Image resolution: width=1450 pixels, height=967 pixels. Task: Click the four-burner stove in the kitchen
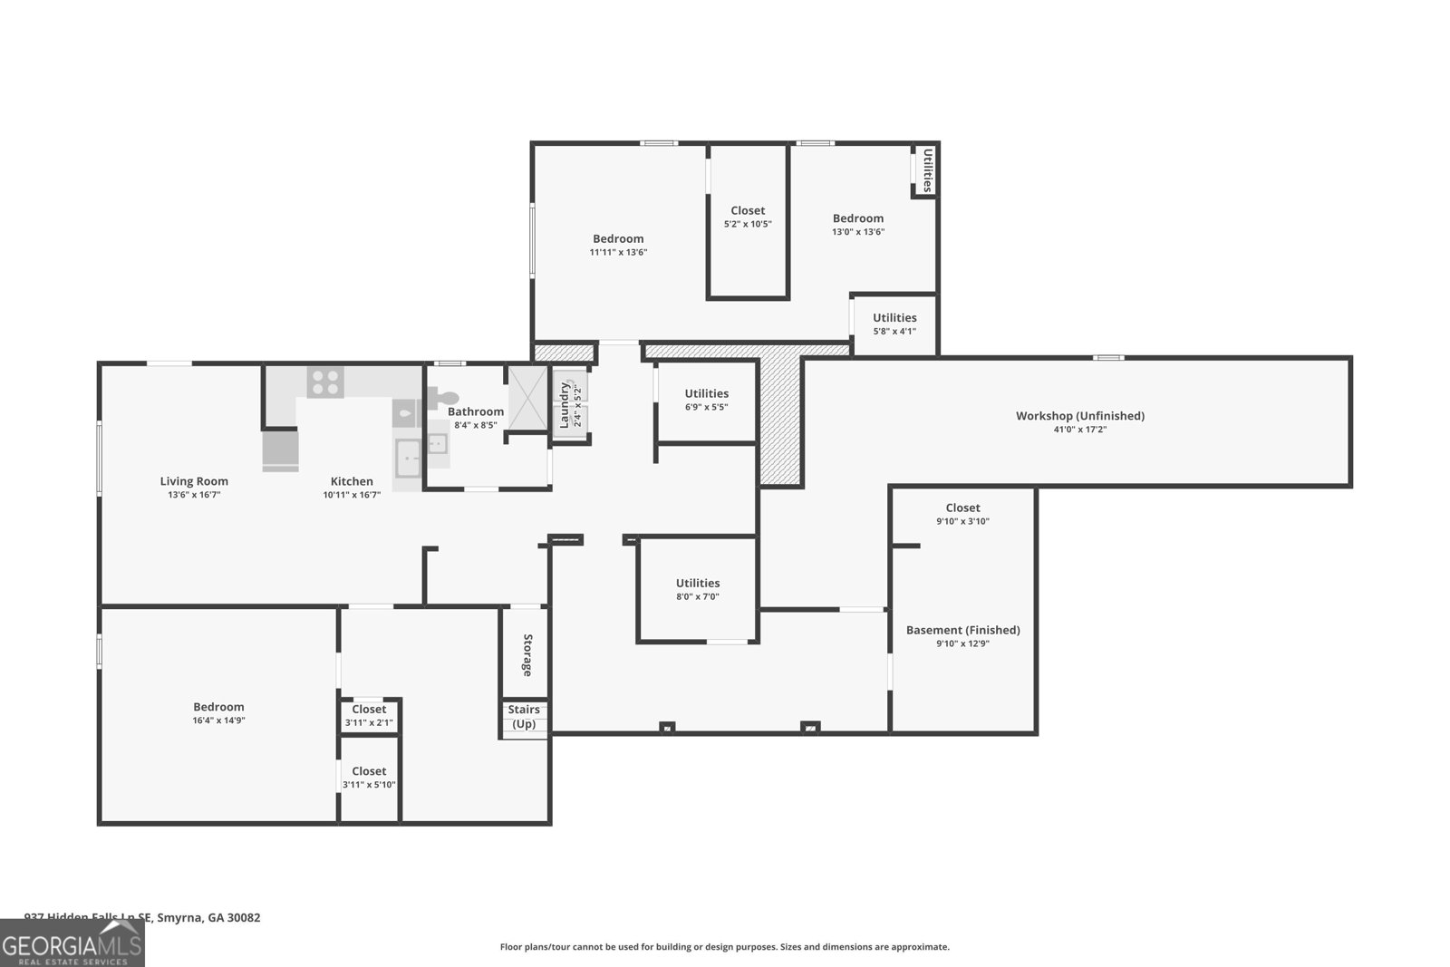325,382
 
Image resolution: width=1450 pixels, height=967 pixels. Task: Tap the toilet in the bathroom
445,397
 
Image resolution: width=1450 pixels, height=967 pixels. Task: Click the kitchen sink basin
408,458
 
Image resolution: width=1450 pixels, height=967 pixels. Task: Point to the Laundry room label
565,404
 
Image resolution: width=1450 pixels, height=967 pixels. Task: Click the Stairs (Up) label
524,716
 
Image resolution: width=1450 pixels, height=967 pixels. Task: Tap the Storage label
527,654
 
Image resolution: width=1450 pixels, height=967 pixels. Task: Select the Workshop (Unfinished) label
1079,416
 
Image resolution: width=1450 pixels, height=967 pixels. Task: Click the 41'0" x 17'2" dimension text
1079,430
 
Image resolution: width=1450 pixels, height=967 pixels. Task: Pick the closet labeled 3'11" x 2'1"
369,715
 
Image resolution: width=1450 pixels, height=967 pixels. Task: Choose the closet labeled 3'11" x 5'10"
369,778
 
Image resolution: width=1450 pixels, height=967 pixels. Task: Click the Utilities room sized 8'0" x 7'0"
697,589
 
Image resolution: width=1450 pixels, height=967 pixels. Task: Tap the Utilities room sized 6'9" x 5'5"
706,400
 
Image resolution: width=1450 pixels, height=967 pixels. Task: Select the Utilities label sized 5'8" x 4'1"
894,318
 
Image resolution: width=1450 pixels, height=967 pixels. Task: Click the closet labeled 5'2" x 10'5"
748,217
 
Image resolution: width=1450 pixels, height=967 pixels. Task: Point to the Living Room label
194,481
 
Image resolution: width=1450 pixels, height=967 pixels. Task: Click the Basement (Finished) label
962,630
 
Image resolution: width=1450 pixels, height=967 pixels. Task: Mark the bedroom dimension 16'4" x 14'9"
218,720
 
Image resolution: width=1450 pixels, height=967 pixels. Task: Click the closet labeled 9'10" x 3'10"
962,514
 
